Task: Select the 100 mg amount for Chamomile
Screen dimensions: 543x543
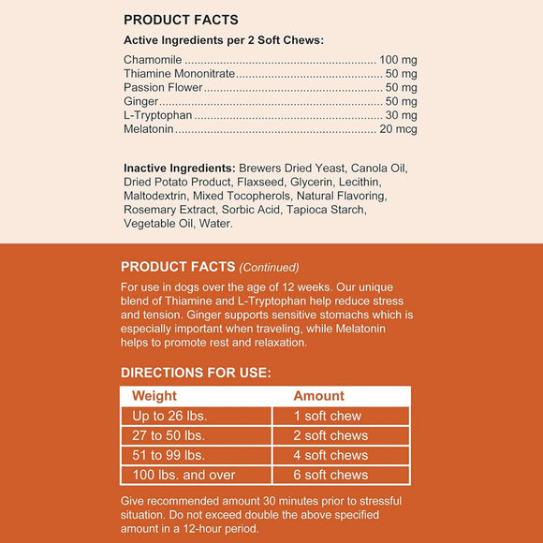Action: [398, 59]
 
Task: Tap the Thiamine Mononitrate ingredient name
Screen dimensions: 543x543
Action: [179, 73]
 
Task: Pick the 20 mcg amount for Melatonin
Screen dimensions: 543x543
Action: [399, 128]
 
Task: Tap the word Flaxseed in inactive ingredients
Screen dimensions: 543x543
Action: [257, 183]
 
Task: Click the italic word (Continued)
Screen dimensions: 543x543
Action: [270, 267]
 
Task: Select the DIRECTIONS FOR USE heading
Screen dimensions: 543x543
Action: [196, 373]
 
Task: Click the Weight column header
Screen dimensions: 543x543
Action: [154, 396]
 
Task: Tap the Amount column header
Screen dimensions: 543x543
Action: [318, 396]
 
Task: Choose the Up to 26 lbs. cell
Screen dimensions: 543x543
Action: [169, 416]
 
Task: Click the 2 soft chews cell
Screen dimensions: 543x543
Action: [330, 435]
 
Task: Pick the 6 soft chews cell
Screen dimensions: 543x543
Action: [330, 475]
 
